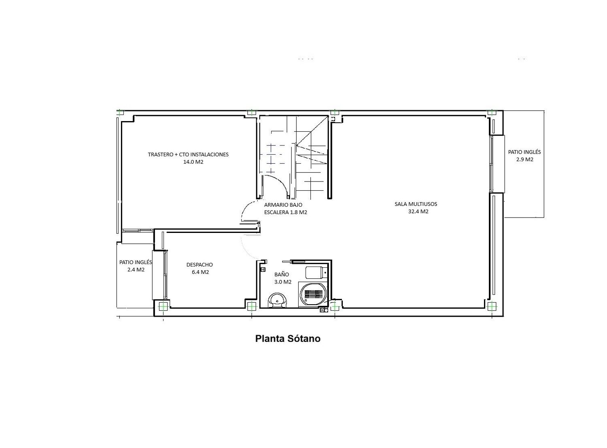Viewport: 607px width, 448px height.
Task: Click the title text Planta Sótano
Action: [288, 339]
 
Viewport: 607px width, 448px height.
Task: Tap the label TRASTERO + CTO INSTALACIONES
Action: [188, 155]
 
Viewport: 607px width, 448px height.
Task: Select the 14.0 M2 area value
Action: [193, 162]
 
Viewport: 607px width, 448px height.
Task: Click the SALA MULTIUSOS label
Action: [416, 204]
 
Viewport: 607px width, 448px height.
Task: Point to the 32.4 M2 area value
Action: [418, 211]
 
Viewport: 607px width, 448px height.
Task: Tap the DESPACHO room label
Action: [200, 265]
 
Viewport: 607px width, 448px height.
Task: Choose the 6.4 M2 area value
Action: [200, 272]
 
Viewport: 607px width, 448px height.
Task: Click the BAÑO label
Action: [282, 275]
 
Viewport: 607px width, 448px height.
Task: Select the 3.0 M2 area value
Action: [282, 282]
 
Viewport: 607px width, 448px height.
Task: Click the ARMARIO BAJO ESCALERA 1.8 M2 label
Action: [286, 209]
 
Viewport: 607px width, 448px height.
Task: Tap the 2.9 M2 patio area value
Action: [524, 160]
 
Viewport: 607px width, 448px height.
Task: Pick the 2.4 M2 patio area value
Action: [136, 269]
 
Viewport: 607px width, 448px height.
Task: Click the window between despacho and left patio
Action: [165, 275]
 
